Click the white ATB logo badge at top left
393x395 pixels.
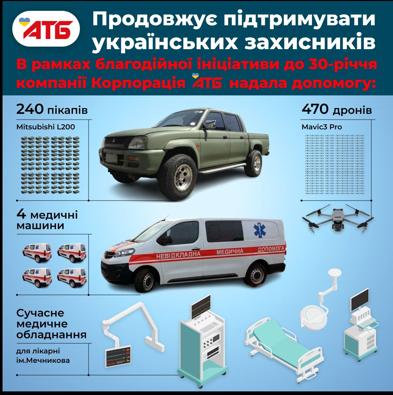(46, 29)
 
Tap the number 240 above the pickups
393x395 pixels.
(30, 110)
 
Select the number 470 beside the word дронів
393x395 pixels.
(315, 109)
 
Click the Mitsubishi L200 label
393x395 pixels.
(46, 127)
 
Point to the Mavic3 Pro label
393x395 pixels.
(322, 127)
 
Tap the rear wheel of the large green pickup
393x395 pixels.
(253, 163)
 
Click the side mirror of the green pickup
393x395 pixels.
(210, 124)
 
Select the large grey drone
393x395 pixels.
(338, 218)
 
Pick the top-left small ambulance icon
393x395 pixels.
(37, 253)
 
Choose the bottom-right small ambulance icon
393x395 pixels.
(72, 278)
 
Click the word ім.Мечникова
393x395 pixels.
(43, 361)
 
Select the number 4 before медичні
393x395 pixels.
(21, 214)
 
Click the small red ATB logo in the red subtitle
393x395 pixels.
(207, 82)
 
